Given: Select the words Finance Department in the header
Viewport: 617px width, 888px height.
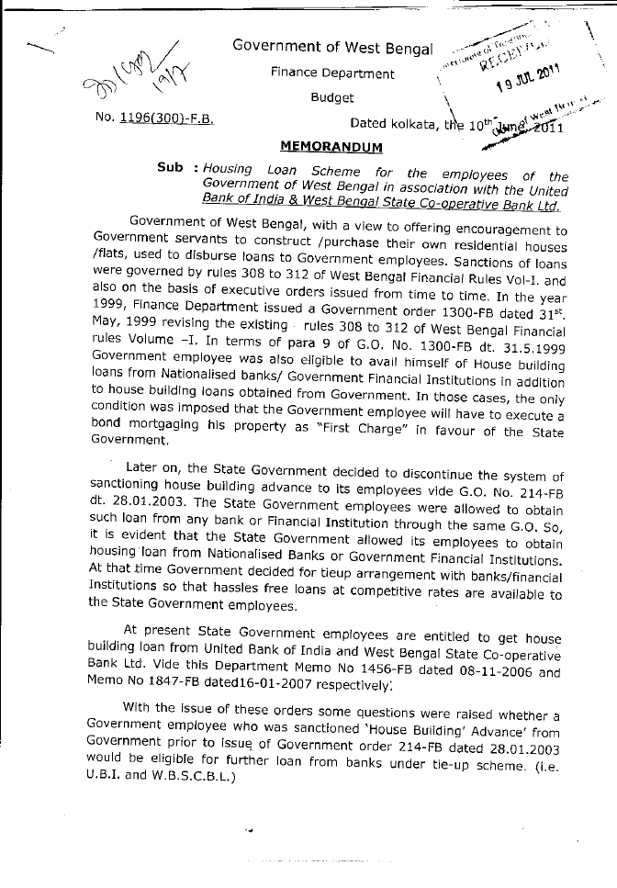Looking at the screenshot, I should pos(332,73).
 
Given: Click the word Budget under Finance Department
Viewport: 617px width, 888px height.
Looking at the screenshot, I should pos(331,96).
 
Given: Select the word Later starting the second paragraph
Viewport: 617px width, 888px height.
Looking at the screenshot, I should pos(140,467).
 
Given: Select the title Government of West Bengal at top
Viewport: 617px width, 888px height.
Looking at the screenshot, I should pos(331,46).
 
